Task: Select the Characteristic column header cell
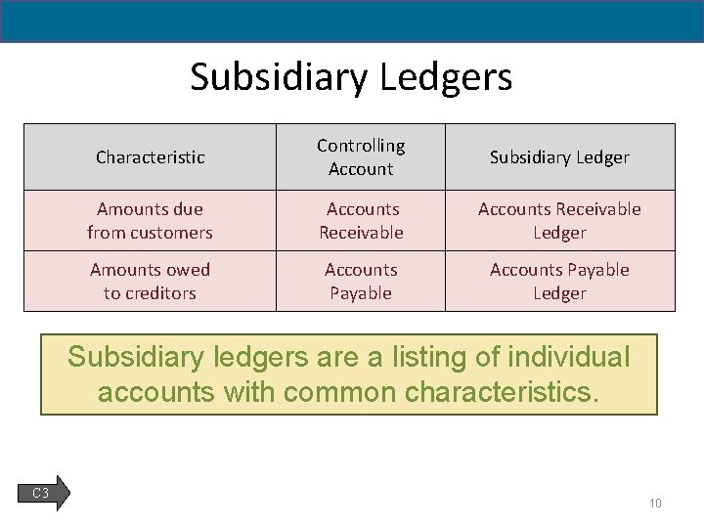pos(151,156)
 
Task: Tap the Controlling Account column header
pos(361,156)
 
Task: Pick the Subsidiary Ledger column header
pos(559,156)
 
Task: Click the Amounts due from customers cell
pos(150,220)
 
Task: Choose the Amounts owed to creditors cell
pos(150,281)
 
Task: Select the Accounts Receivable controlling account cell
pos(361,220)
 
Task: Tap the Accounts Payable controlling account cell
pos(361,281)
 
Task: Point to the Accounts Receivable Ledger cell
pos(559,220)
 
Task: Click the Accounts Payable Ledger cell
pos(559,281)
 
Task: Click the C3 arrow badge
pos(43,493)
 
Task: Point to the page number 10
pos(655,504)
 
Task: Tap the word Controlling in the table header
pos(361,146)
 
